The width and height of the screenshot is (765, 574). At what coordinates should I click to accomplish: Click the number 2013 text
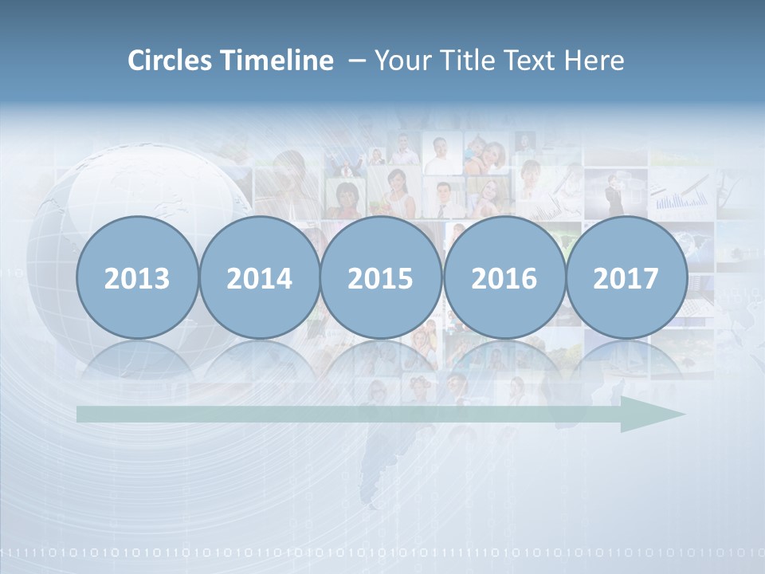[x=137, y=279]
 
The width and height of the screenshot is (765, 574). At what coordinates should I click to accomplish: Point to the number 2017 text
[x=626, y=279]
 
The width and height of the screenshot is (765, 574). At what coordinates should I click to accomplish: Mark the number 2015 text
[x=381, y=279]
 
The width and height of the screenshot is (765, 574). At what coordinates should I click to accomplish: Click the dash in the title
[x=356, y=61]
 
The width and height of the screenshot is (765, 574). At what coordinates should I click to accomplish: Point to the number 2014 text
[x=259, y=279]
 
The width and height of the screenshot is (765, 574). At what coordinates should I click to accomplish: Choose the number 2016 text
[x=504, y=279]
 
